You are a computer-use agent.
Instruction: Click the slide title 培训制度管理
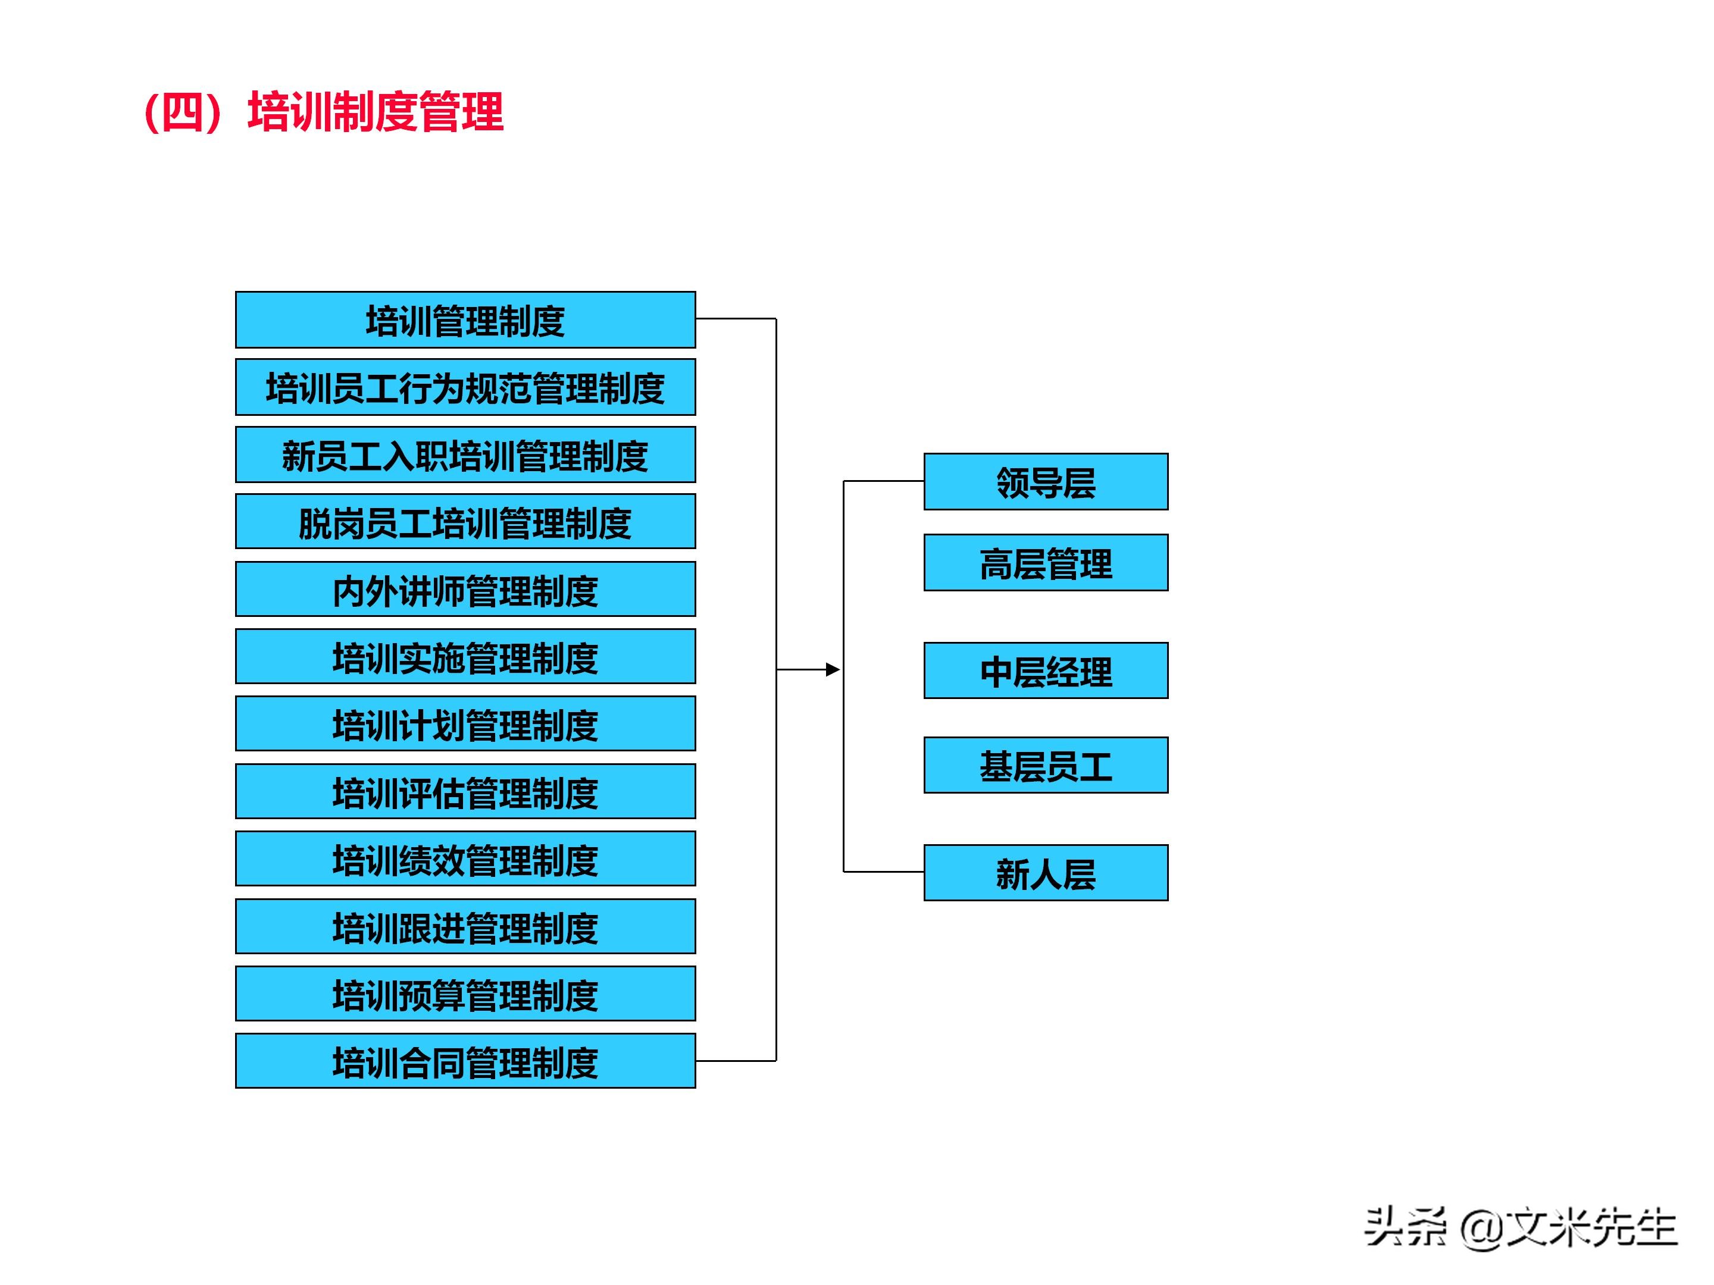pos(324,112)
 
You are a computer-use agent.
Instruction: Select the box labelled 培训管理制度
pos(465,320)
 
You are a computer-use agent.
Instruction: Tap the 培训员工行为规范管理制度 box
pos(465,387)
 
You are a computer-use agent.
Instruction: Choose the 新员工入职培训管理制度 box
pos(465,455)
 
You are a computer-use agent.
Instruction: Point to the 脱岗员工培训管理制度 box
pos(465,522)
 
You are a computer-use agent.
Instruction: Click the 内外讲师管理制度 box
pos(465,590)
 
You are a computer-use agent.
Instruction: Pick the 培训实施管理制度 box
pos(465,657)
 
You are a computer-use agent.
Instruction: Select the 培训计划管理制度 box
pos(465,724)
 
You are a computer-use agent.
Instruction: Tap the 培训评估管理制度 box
pos(465,792)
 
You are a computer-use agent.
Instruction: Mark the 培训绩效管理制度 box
pos(465,859)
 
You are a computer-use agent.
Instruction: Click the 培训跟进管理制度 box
pos(465,926)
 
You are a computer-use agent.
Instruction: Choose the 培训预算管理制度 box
pos(465,993)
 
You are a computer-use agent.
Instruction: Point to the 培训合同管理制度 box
pos(465,1061)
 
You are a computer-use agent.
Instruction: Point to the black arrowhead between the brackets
pos(833,670)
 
